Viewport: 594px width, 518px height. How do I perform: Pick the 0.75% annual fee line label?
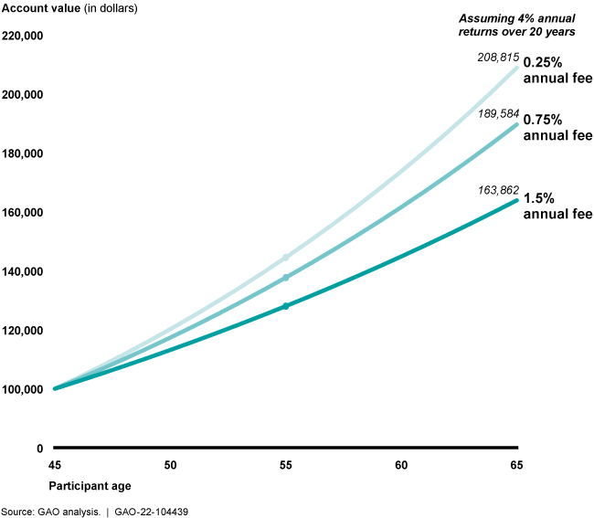(557, 128)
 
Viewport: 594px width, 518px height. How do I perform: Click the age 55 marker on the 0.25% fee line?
(285, 258)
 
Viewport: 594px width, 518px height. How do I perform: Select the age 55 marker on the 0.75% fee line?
(285, 278)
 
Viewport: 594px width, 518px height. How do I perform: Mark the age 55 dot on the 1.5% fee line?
(285, 306)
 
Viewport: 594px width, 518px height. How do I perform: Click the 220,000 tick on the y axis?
(24, 37)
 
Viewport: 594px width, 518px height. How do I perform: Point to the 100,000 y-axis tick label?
(24, 389)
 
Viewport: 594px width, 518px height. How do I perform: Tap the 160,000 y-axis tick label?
(24, 213)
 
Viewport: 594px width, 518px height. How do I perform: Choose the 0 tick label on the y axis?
(39, 449)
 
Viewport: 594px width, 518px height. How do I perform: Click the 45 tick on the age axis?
(55, 465)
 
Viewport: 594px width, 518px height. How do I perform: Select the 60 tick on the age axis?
(401, 465)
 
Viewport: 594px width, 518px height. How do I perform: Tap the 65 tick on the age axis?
(516, 465)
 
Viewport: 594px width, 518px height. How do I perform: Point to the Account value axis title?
(70, 8)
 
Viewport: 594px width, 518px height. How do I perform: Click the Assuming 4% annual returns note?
(516, 25)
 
